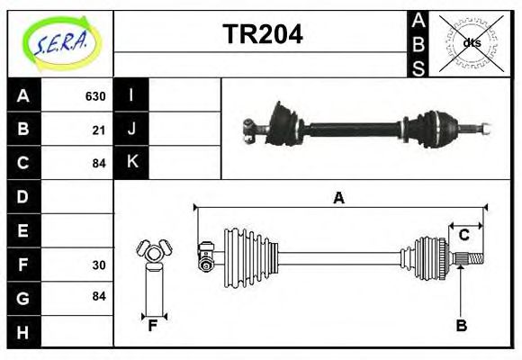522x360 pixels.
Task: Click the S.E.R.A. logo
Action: coord(60,42)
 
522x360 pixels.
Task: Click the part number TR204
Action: coord(262,34)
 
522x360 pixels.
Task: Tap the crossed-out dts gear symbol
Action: coord(471,42)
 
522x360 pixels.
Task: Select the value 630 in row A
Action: coord(95,96)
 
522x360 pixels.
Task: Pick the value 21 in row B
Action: coord(99,130)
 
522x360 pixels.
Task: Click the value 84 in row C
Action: coord(99,163)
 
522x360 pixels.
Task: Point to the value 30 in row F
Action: coord(99,265)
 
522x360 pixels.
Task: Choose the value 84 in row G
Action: coord(99,296)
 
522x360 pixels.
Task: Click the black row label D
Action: coord(23,196)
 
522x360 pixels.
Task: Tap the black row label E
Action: coord(23,230)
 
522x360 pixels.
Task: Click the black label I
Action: coord(131,95)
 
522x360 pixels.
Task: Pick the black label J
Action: coord(131,129)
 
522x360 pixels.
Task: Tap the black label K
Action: coord(131,162)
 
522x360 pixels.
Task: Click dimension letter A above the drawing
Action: coord(338,199)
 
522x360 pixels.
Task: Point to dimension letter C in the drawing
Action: coord(464,235)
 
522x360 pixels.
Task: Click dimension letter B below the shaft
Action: coord(461,326)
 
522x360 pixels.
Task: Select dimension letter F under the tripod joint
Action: coord(153,326)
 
